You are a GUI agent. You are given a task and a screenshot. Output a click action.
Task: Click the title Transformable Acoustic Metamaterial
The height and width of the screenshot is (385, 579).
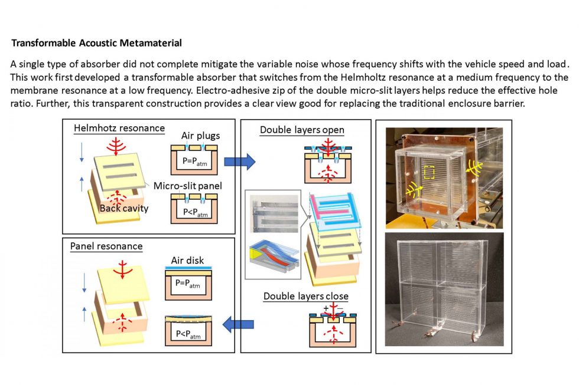[x=96, y=43]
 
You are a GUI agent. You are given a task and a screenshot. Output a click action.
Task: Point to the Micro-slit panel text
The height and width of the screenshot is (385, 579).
[x=184, y=187]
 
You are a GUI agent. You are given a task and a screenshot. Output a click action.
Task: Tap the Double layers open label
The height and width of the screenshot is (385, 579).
[x=302, y=130]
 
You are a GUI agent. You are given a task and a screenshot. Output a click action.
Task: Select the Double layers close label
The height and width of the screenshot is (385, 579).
[x=305, y=296]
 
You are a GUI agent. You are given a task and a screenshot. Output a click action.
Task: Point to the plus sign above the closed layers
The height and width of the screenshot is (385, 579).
[x=326, y=308]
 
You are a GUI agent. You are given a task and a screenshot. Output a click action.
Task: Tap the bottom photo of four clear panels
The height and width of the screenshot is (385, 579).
[x=444, y=288]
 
